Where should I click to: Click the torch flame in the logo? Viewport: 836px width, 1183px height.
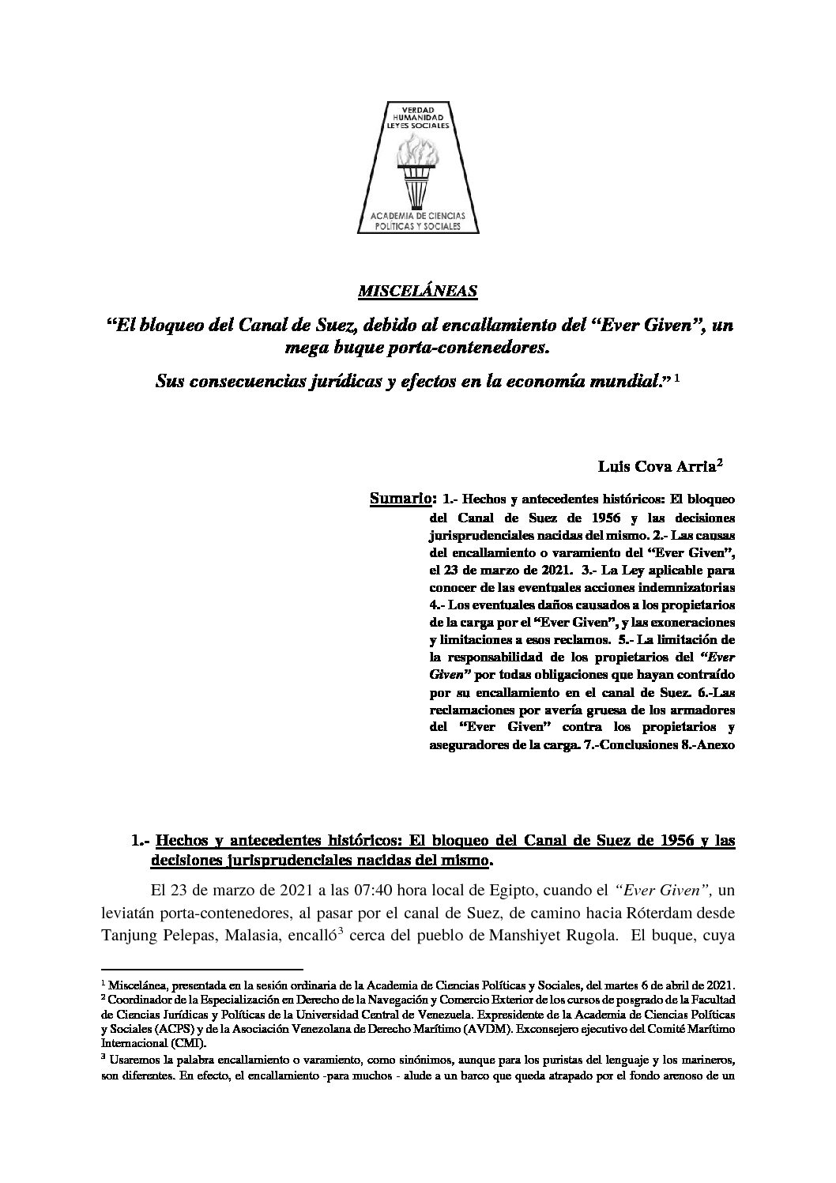(x=418, y=149)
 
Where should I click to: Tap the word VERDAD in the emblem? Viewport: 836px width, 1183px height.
(x=419, y=109)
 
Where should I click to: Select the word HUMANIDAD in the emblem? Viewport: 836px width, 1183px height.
(x=419, y=117)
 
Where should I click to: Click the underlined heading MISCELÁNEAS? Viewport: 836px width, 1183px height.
(x=418, y=292)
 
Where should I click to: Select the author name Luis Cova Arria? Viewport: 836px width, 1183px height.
(x=656, y=467)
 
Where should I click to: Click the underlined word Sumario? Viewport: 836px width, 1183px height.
(x=400, y=499)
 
